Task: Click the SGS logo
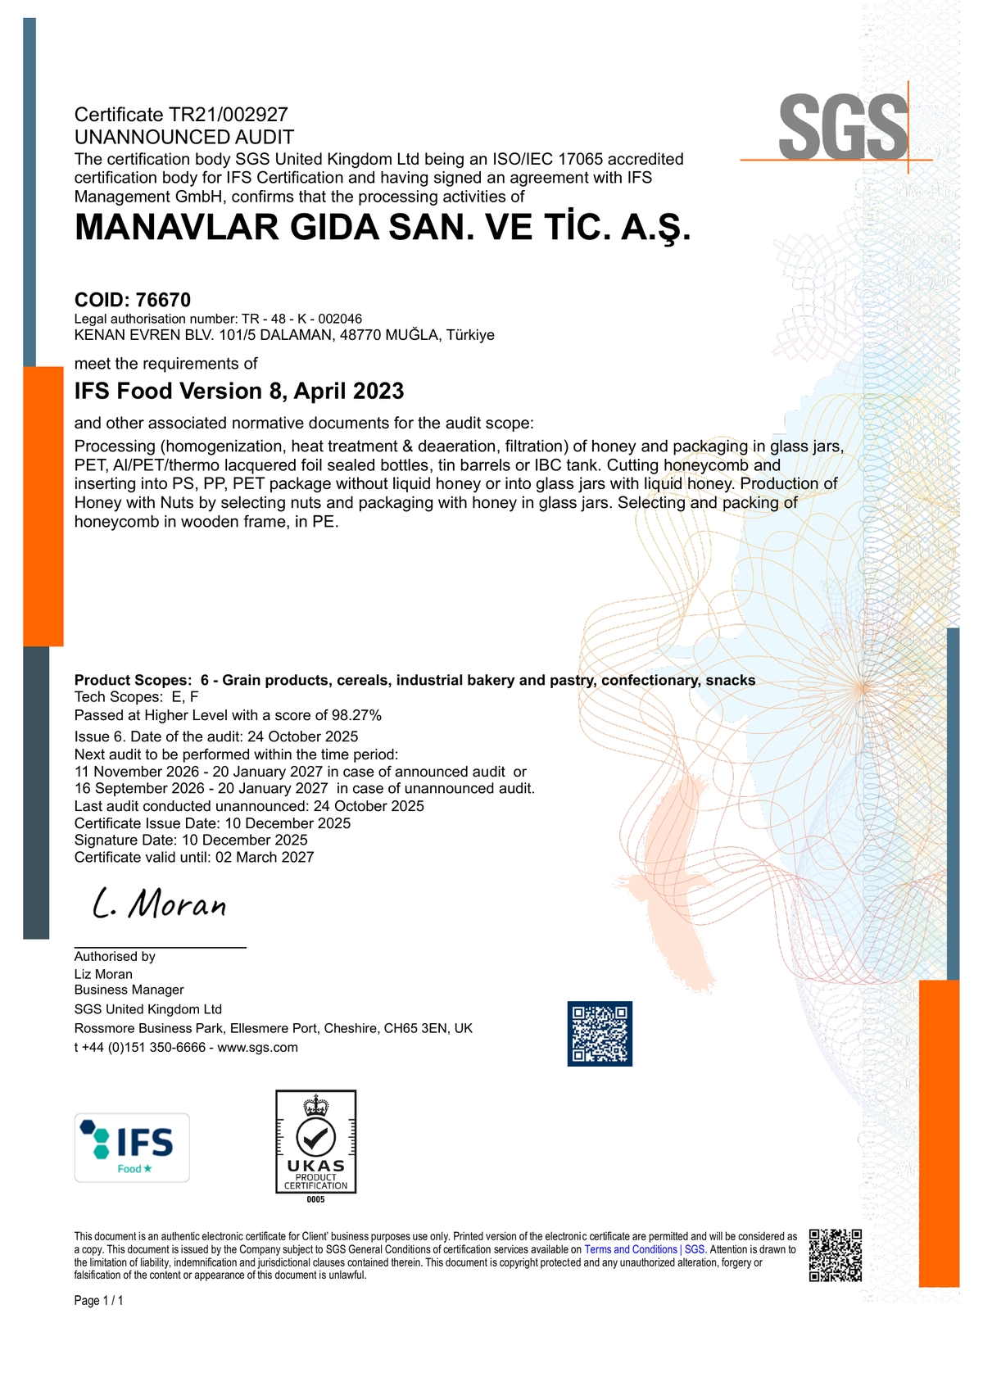pyautogui.click(x=843, y=127)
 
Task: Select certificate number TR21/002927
pyautogui.click(x=229, y=115)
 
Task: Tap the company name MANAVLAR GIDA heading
pyautogui.click(x=383, y=228)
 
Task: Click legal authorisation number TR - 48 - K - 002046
pyautogui.click(x=301, y=319)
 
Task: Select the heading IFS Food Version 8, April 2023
pyautogui.click(x=239, y=391)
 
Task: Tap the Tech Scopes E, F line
pyautogui.click(x=137, y=697)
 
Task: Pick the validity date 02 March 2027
pyautogui.click(x=265, y=857)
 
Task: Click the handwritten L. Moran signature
pyautogui.click(x=160, y=904)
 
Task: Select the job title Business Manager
pyautogui.click(x=129, y=990)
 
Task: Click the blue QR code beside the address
pyautogui.click(x=600, y=1033)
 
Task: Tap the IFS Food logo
pyautogui.click(x=132, y=1147)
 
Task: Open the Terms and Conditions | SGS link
pyautogui.click(x=645, y=1249)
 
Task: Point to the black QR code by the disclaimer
pyautogui.click(x=836, y=1254)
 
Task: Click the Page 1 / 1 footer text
pyautogui.click(x=99, y=1301)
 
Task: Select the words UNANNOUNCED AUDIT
pyautogui.click(x=184, y=137)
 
